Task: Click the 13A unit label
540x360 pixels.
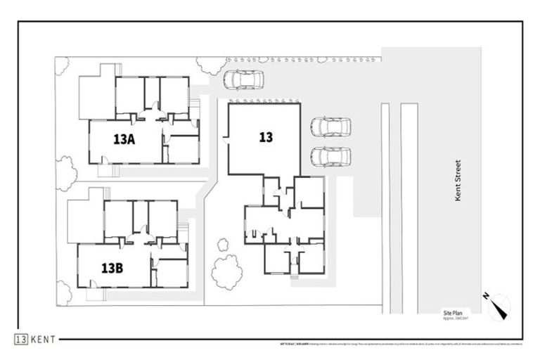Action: [123, 139]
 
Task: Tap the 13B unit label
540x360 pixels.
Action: [112, 268]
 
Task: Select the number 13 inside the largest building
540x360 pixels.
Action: [265, 137]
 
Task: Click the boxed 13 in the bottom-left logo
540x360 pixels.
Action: [21, 340]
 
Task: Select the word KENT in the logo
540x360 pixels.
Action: [44, 340]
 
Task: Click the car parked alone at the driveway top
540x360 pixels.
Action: [243, 80]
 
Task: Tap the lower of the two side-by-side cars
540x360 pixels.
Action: [330, 155]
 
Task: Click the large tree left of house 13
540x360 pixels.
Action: [226, 271]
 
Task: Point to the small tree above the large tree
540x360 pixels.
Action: [223, 245]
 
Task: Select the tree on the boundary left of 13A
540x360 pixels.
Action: [65, 173]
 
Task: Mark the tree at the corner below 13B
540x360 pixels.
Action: [63, 293]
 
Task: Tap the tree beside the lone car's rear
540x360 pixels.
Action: [211, 66]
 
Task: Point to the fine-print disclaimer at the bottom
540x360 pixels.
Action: [400, 344]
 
